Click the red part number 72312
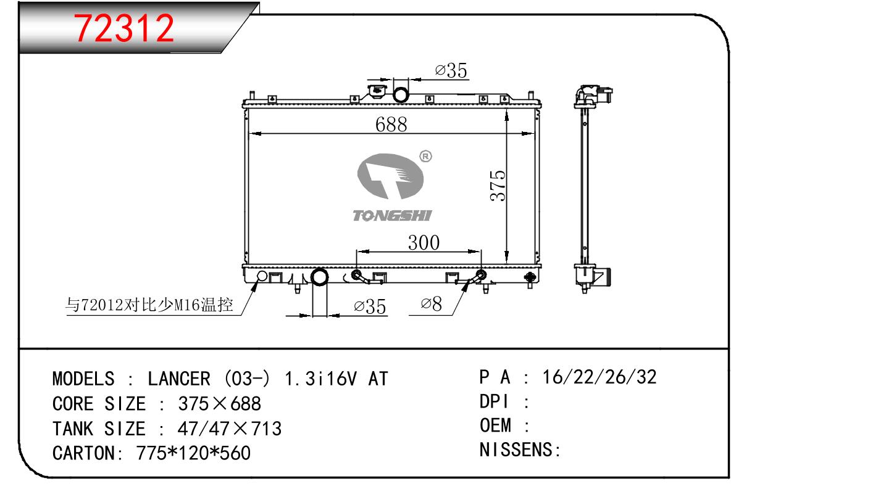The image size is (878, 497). pos(124,28)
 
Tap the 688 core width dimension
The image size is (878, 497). pos(391,125)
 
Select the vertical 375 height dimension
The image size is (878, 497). pos(498,186)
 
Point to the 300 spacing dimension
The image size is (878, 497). pos(424,242)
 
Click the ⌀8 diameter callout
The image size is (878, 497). pos(431,304)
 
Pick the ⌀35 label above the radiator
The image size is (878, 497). pos(451,70)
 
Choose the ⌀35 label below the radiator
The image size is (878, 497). pos(370,306)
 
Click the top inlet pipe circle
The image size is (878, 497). pos(401,95)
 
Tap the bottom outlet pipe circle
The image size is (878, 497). pos(319,277)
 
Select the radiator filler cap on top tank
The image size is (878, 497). pos(377,92)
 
